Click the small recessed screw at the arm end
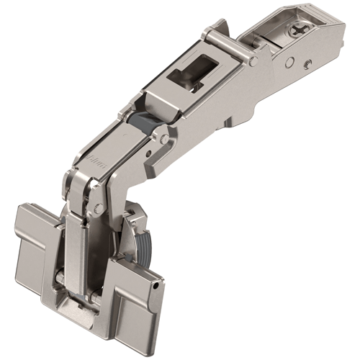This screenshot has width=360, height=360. click(307, 63)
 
